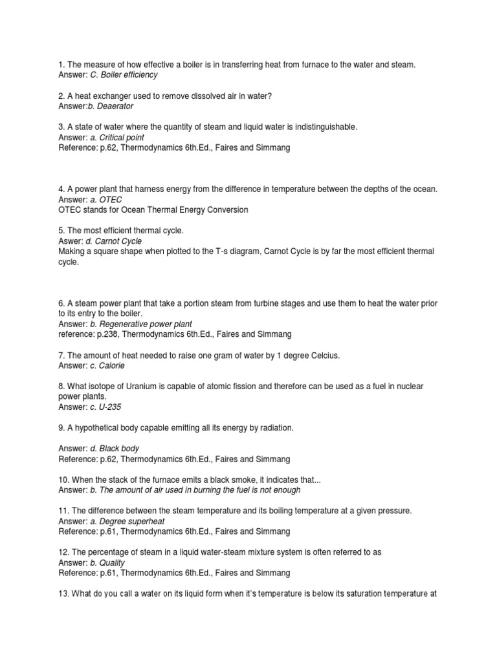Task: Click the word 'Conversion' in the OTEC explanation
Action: pyautogui.click(x=225, y=209)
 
